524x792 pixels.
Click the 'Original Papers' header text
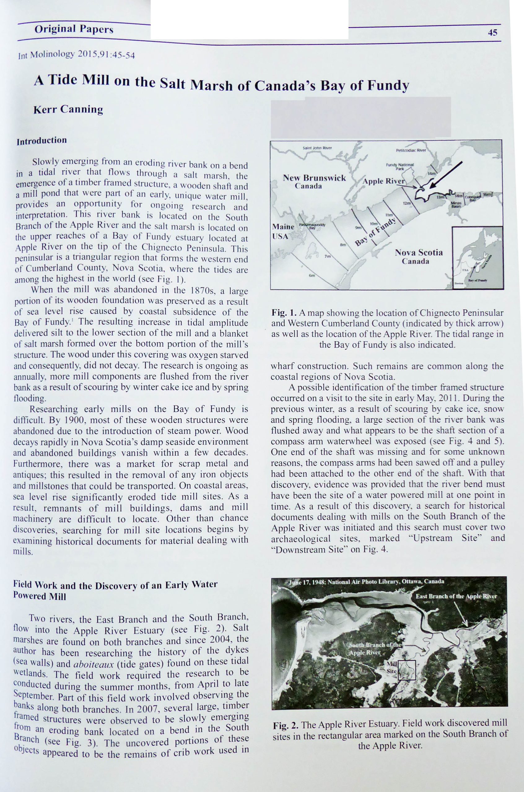point(74,29)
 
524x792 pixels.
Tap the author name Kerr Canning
point(68,109)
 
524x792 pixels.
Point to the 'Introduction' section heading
point(42,140)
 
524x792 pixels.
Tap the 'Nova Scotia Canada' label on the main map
point(418,256)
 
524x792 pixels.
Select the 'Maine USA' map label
point(282,231)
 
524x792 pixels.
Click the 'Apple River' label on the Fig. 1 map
point(383,181)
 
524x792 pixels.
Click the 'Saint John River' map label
point(317,148)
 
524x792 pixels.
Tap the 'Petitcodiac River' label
point(411,150)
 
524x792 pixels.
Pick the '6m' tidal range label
point(312,275)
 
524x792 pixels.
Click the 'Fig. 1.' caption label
point(284,313)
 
